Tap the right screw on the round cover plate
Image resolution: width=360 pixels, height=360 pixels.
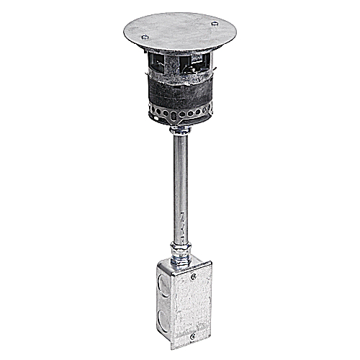(214, 24)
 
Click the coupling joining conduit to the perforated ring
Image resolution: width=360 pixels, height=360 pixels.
(178, 130)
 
